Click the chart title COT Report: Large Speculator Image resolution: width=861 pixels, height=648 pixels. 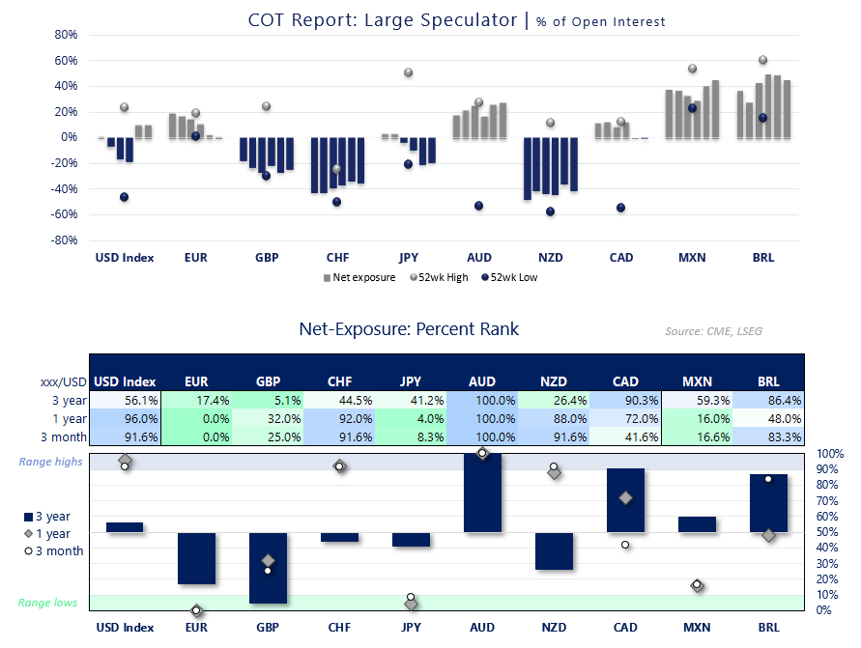(383, 20)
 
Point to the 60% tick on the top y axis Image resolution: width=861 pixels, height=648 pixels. (65, 60)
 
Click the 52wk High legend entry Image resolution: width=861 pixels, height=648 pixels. (442, 277)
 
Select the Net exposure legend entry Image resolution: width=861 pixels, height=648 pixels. (362, 277)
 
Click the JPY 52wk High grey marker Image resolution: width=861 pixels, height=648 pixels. (408, 72)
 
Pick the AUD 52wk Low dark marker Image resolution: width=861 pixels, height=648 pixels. (478, 206)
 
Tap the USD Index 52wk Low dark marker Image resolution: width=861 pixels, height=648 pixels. (124, 197)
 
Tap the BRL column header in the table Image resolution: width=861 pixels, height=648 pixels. (768, 381)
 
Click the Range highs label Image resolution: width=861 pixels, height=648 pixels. (51, 462)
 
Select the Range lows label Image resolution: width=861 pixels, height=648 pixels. (48, 603)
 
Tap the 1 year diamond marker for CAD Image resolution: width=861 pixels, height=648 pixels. (625, 498)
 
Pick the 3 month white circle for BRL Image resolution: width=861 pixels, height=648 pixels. (768, 479)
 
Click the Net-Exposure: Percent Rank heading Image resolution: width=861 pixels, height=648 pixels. (409, 329)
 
